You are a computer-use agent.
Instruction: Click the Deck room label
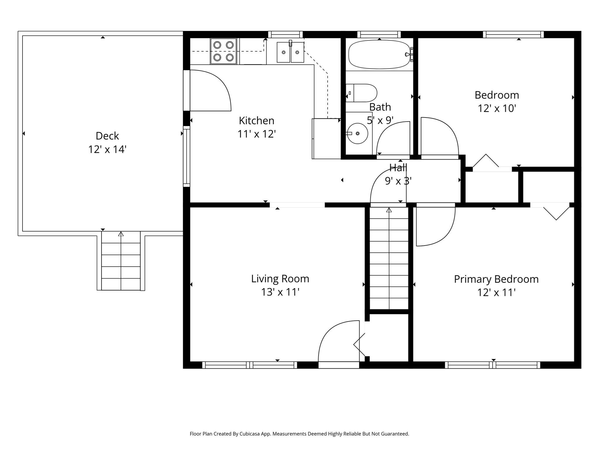click(107, 136)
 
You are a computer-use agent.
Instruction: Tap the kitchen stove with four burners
click(223, 51)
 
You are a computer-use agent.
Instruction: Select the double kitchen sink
click(290, 52)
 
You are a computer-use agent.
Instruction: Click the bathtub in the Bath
click(379, 54)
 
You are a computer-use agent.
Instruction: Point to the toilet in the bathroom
click(362, 93)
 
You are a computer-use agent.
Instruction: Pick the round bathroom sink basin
click(357, 133)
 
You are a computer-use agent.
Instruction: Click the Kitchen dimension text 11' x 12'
click(257, 134)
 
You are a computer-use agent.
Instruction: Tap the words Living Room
click(280, 279)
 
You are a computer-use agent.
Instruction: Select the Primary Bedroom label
click(496, 279)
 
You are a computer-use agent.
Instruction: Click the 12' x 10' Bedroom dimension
click(497, 108)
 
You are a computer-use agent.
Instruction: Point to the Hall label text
click(398, 167)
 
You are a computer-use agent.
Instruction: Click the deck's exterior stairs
click(121, 261)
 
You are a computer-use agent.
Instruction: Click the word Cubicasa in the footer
click(251, 434)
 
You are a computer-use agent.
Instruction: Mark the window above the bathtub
click(379, 34)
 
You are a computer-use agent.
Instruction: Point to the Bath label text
click(380, 107)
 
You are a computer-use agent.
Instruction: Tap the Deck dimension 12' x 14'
click(107, 149)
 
